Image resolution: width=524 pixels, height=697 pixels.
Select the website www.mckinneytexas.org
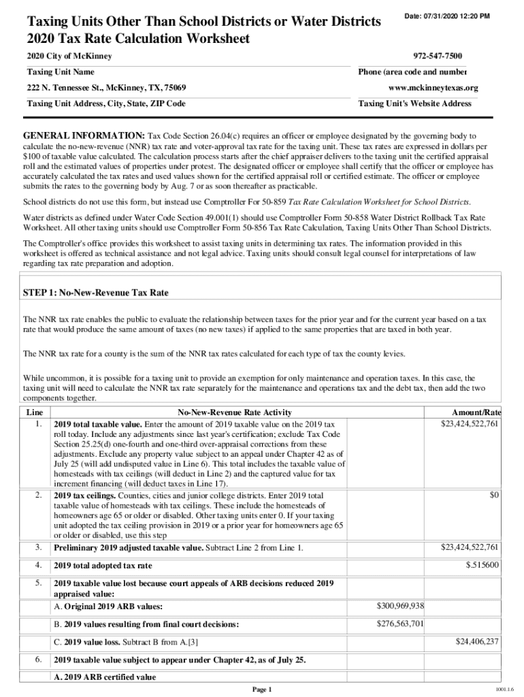tap(433, 88)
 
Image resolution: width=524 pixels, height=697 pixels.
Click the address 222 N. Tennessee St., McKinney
tap(107, 88)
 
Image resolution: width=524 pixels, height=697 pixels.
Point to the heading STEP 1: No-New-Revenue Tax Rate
tap(96, 293)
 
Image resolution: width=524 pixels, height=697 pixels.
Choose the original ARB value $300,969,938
tap(400, 605)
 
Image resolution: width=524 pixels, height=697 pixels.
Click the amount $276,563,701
tap(400, 623)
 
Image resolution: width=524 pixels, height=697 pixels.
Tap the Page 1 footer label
tap(262, 689)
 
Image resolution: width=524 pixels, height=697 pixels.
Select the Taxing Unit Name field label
tap(61, 72)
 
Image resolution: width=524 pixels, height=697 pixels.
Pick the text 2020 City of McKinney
tap(69, 56)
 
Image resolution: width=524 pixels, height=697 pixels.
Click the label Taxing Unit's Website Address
tap(414, 104)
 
